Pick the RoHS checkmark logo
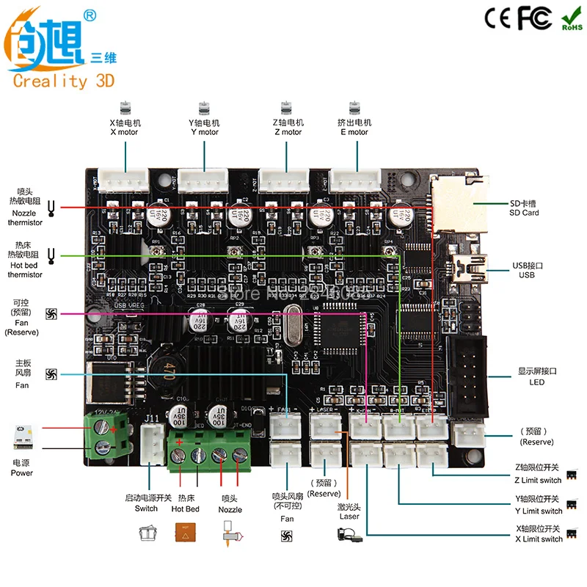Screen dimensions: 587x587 coord(572,19)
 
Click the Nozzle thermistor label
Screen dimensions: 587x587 coord(25,212)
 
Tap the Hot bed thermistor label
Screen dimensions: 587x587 coord(25,265)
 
